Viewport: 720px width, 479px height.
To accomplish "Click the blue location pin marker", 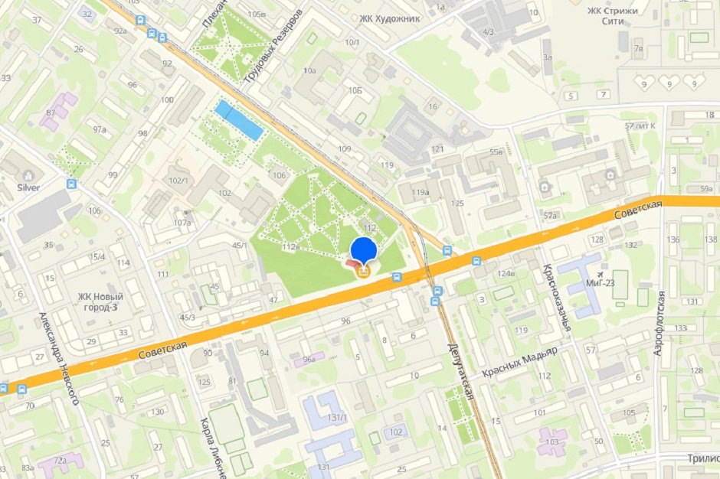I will pos(363,249).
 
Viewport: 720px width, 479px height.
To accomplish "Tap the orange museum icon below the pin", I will pos(363,271).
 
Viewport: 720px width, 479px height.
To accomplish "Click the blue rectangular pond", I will pos(238,120).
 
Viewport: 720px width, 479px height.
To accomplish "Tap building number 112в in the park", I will pos(290,246).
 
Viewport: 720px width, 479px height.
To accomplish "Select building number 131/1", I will pos(338,417).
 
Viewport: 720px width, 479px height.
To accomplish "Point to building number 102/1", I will pos(178,181).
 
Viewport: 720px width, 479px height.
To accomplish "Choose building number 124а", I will pos(506,273).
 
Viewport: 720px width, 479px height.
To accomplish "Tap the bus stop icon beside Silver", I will pos(71,184).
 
